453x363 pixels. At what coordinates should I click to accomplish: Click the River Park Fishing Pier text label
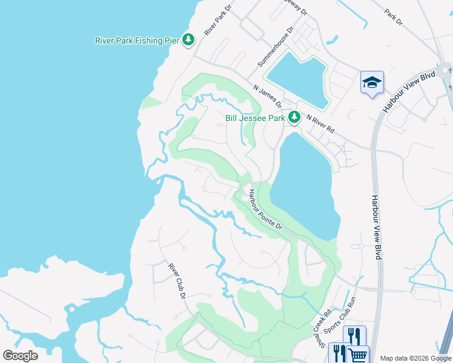137,41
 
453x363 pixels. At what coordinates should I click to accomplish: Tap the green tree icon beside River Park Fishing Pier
189,40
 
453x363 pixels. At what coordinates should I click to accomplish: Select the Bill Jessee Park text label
254,119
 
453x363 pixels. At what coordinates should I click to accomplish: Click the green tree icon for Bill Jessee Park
294,117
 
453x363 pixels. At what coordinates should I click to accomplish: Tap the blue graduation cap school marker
372,83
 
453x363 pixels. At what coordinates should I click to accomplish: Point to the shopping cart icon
358,356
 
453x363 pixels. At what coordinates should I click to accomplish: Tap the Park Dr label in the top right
394,17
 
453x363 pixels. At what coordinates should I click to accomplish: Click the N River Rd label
320,123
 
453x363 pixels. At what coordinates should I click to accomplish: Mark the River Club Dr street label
176,280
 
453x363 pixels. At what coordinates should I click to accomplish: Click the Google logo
20,356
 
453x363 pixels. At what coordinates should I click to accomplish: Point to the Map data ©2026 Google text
415,358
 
